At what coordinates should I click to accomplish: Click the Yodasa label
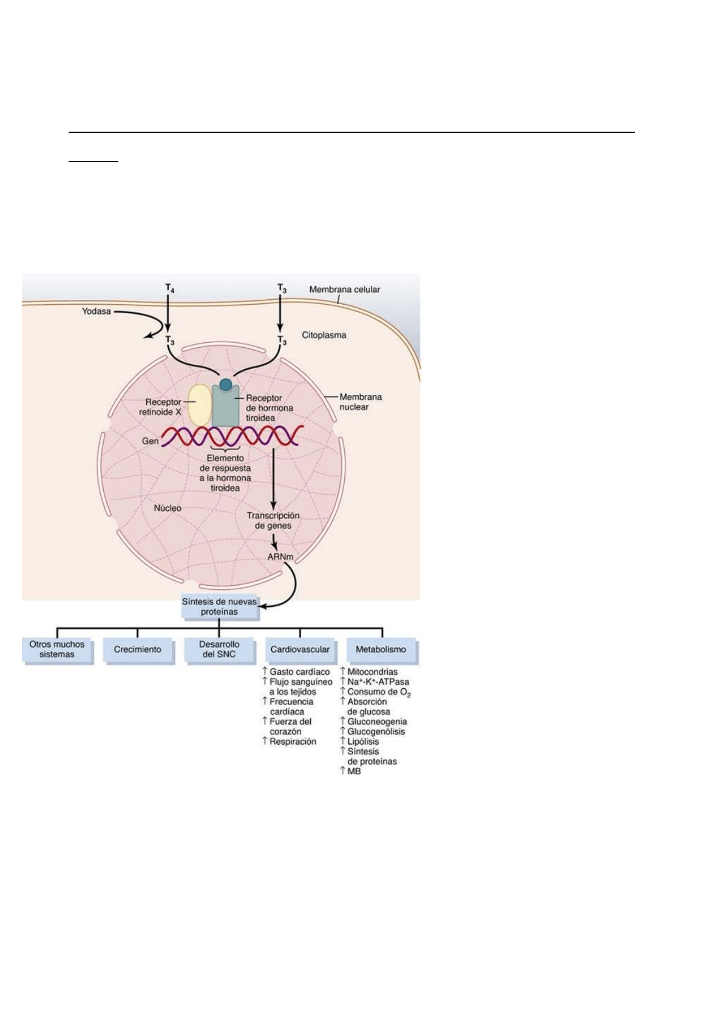(x=97, y=311)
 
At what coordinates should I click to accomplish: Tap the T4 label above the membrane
(x=169, y=288)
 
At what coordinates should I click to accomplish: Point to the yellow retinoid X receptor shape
(x=199, y=405)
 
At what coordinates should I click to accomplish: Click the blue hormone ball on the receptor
(x=225, y=384)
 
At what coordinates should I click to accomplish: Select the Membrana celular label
(x=344, y=289)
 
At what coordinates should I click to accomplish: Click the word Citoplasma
(x=324, y=335)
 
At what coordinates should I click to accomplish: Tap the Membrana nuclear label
(x=360, y=402)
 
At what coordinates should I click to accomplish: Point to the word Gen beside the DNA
(x=150, y=441)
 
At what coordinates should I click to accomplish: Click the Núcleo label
(x=168, y=508)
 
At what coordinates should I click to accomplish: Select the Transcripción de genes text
(x=273, y=521)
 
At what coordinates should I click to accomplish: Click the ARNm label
(x=280, y=557)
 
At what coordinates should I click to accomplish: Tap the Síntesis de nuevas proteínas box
(x=219, y=607)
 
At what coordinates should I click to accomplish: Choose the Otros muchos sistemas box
(x=57, y=649)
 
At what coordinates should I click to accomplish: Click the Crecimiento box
(x=138, y=649)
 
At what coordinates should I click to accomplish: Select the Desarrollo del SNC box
(x=219, y=649)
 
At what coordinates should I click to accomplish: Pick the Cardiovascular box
(x=300, y=649)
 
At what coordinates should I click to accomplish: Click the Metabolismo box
(x=381, y=649)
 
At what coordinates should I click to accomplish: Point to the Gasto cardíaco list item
(x=299, y=672)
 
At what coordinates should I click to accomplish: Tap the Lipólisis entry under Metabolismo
(x=363, y=742)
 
